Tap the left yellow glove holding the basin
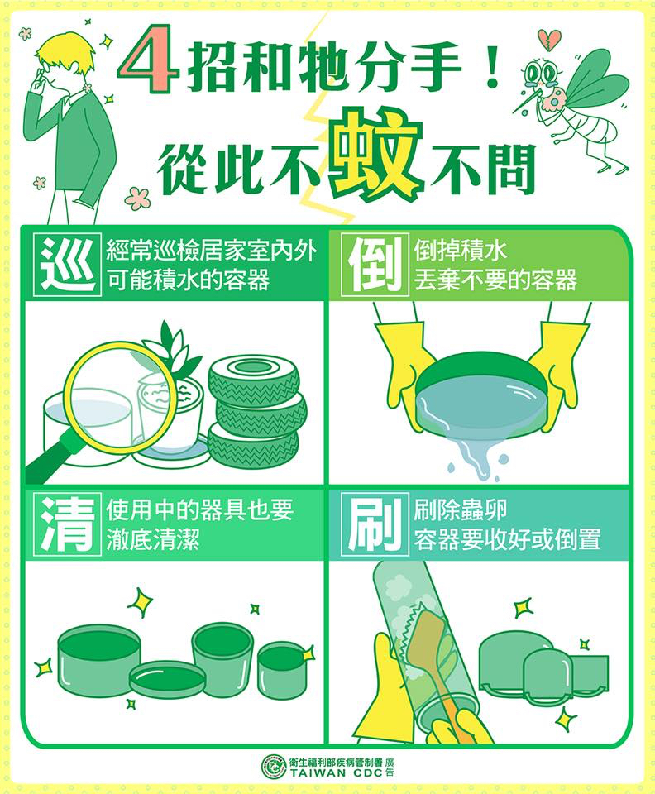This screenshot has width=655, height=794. [x=403, y=364]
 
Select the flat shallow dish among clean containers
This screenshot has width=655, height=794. [x=167, y=678]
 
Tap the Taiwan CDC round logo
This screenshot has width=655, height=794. [x=274, y=767]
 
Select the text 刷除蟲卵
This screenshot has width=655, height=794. [x=460, y=510]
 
